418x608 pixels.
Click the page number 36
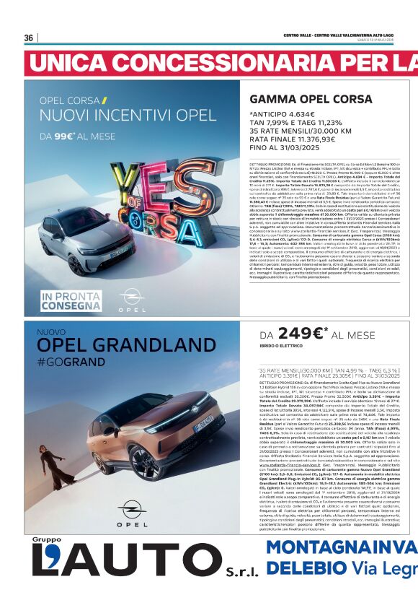click(29, 38)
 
